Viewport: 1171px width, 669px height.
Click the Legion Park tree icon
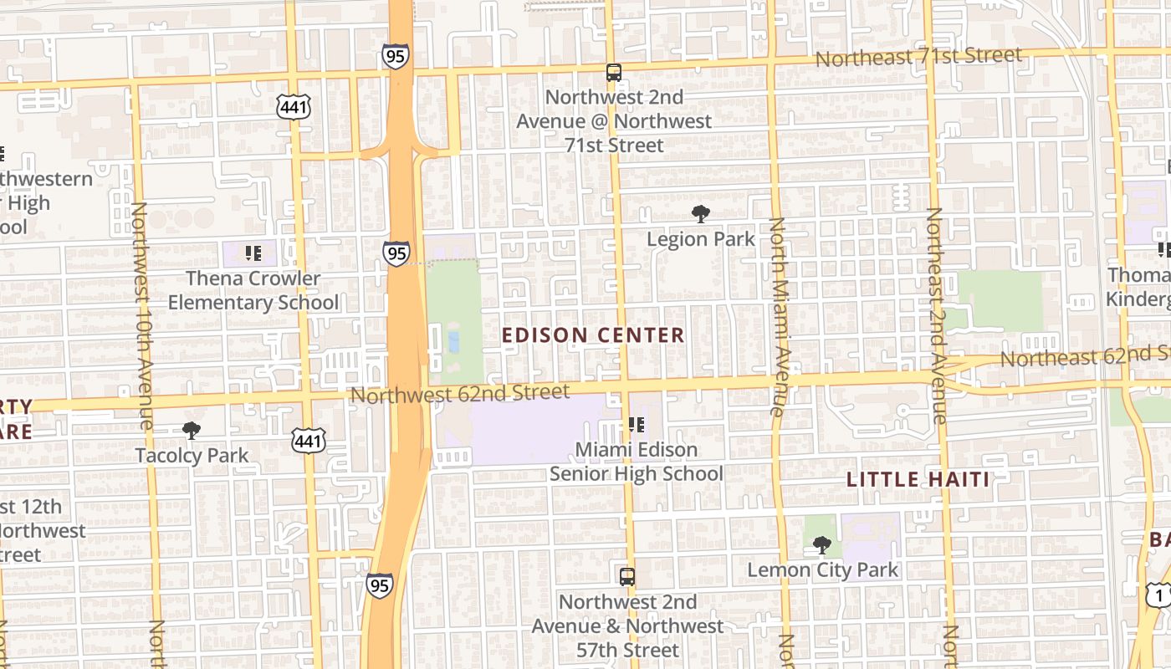point(700,214)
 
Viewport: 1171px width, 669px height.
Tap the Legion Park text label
point(700,239)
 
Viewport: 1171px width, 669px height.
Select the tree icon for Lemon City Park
point(821,545)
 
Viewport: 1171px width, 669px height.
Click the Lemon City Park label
point(822,570)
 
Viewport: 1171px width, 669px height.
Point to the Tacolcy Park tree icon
point(192,431)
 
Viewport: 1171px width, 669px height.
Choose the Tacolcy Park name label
point(192,456)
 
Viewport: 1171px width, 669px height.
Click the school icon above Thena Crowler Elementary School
point(253,253)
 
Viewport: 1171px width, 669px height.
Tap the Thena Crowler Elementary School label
point(253,290)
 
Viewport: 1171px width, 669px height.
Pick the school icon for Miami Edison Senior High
point(636,425)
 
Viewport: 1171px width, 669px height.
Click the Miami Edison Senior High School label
point(636,462)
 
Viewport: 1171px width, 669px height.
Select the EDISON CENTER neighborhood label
point(593,335)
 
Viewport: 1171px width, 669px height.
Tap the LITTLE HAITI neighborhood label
point(918,480)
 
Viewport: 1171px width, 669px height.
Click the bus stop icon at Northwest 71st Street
point(614,73)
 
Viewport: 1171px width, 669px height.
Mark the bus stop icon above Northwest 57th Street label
point(626,577)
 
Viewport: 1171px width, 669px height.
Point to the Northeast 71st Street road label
point(918,57)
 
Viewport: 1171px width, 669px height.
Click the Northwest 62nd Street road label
point(460,392)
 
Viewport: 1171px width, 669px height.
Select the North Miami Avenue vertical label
point(777,316)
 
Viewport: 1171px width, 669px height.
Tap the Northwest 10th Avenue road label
point(141,315)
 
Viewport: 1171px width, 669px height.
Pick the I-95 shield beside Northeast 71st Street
point(395,56)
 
